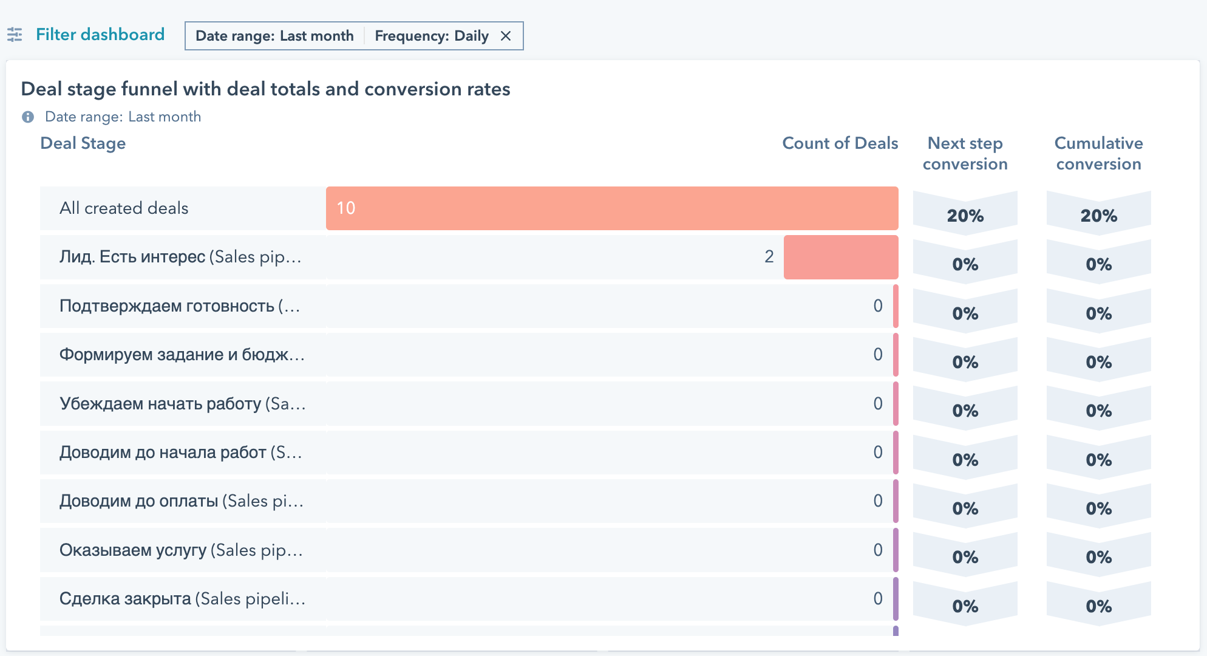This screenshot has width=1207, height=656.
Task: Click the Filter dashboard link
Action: pyautogui.click(x=100, y=35)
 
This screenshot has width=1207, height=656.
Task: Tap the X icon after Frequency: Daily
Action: pyautogui.click(x=506, y=36)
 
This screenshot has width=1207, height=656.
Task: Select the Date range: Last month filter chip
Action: pyautogui.click(x=274, y=36)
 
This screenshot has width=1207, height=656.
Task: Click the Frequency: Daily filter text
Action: pyautogui.click(x=431, y=36)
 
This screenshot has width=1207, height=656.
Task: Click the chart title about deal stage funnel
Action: pyautogui.click(x=265, y=89)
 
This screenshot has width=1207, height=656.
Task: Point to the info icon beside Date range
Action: pyautogui.click(x=28, y=117)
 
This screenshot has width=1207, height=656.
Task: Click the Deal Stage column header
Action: pyautogui.click(x=83, y=143)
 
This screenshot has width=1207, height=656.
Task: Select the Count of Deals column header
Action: pyautogui.click(x=840, y=143)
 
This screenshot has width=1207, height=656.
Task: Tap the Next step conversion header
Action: pyautogui.click(x=965, y=153)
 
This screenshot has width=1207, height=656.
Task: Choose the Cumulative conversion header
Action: pyautogui.click(x=1098, y=153)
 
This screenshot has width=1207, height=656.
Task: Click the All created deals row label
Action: pyautogui.click(x=124, y=208)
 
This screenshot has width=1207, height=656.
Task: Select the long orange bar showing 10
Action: pyautogui.click(x=612, y=208)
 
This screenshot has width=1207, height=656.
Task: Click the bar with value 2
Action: pyautogui.click(x=841, y=257)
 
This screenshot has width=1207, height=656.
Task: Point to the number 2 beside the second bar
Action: pyautogui.click(x=769, y=257)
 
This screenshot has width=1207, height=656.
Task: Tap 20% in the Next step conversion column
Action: pyautogui.click(x=965, y=216)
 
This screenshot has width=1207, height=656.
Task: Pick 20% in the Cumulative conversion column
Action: pyautogui.click(x=1098, y=216)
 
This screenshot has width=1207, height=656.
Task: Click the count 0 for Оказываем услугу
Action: pyautogui.click(x=878, y=550)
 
